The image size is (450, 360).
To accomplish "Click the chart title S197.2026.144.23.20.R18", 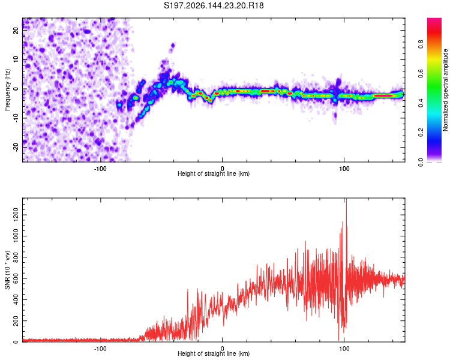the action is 214,5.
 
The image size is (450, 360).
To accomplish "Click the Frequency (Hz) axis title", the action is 7,90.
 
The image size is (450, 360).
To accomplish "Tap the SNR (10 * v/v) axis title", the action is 7,270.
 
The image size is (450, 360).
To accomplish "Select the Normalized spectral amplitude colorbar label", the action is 445,90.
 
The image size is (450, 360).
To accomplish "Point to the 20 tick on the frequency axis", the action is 16,30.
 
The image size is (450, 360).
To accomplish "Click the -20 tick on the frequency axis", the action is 16,148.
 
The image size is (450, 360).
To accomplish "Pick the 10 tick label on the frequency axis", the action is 16,59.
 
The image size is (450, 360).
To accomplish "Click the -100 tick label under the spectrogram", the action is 100,169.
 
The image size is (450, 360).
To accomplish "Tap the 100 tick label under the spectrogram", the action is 344,169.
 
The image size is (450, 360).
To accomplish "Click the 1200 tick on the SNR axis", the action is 16,215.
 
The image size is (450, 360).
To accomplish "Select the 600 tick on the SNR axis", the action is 16,278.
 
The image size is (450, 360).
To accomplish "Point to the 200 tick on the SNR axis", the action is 16,321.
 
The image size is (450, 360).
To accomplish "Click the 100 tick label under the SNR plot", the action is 344,349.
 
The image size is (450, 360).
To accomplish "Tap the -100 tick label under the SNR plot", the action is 100,349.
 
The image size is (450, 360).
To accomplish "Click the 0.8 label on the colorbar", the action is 421,44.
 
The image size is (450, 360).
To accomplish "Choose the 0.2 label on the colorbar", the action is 421,133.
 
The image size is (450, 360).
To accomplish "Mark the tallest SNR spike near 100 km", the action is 346,199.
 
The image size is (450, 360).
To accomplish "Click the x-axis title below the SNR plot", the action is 214,353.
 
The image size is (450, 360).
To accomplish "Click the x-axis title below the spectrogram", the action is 214,173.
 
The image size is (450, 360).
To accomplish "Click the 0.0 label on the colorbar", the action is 421,163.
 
